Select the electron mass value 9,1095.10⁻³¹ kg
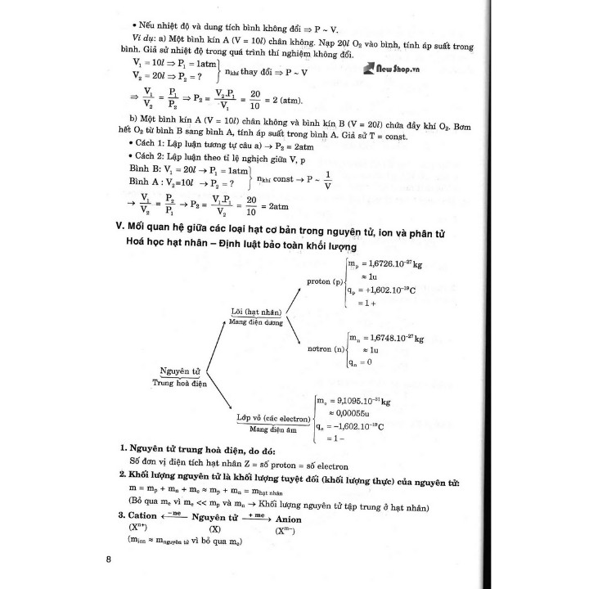coord(357,400)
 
